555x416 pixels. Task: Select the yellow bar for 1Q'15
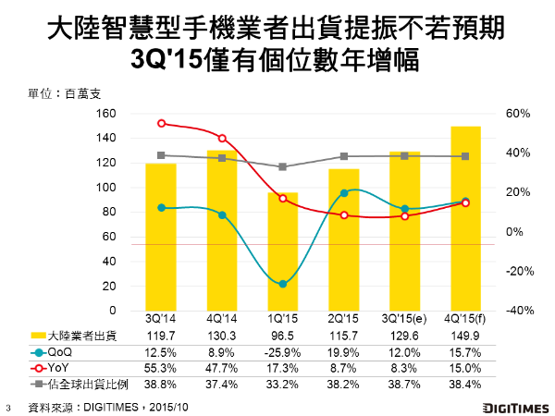point(283,251)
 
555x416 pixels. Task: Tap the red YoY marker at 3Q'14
point(161,123)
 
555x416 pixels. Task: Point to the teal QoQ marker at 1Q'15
point(283,284)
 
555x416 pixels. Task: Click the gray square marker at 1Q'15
point(283,166)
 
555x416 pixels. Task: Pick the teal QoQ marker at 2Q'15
point(344,193)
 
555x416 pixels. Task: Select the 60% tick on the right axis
point(518,114)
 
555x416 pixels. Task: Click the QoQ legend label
point(59,352)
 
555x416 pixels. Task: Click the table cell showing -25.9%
point(283,352)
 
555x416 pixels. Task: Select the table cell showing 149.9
point(464,337)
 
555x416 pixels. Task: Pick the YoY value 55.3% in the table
point(162,367)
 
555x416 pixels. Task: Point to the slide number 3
point(8,407)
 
